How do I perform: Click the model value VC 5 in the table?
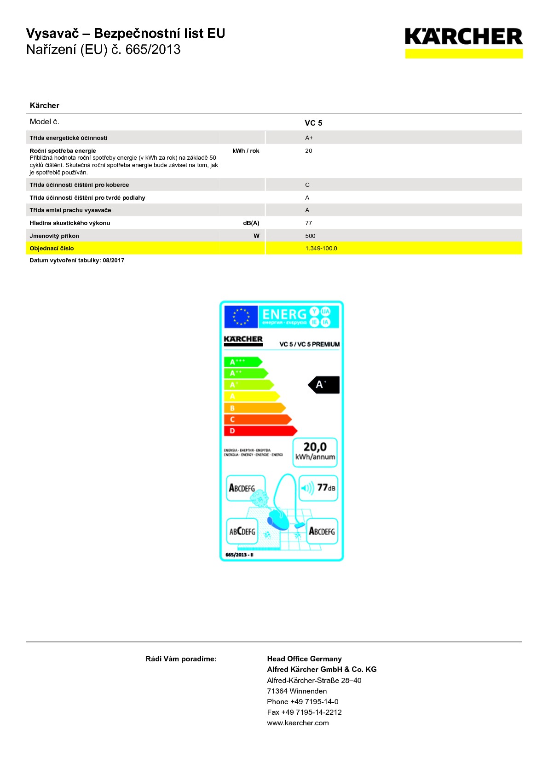click(313, 123)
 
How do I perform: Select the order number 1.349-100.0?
click(321, 249)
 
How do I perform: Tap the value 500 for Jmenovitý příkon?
click(310, 236)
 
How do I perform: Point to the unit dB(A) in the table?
click(251, 223)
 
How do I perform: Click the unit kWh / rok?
click(246, 151)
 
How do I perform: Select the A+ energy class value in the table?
click(309, 138)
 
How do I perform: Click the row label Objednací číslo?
click(52, 249)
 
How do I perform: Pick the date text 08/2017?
click(114, 260)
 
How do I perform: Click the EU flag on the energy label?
click(241, 317)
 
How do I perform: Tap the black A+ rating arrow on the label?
click(324, 385)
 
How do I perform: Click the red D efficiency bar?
click(260, 431)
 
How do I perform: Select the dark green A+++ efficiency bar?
click(242, 362)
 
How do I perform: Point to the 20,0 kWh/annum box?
click(315, 452)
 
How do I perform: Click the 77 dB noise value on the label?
click(326, 488)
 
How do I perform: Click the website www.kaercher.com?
click(298, 723)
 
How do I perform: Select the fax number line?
click(304, 712)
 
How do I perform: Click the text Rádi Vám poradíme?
click(181, 659)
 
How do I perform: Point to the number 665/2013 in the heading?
click(153, 50)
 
